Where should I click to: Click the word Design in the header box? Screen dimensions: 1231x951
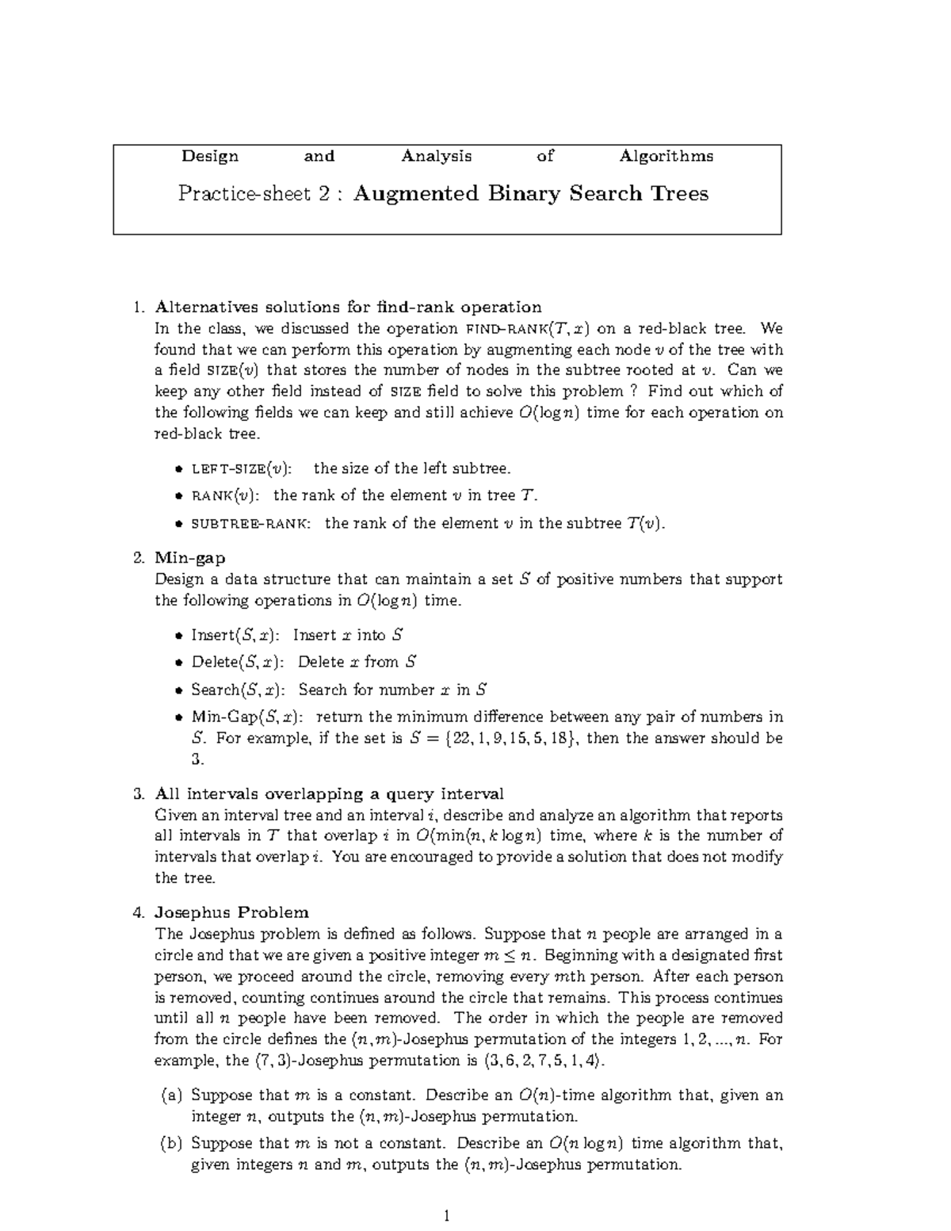(x=210, y=156)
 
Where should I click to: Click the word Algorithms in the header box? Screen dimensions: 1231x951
(x=666, y=156)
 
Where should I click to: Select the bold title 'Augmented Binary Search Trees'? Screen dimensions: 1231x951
(x=530, y=193)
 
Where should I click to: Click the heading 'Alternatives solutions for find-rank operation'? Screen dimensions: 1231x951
(x=348, y=307)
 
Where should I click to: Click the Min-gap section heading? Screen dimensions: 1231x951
(x=189, y=558)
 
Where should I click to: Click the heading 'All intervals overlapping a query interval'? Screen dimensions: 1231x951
(x=329, y=794)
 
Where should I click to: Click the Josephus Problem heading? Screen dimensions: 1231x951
(x=231, y=912)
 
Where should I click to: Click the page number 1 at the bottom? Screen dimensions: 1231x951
(x=448, y=1215)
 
